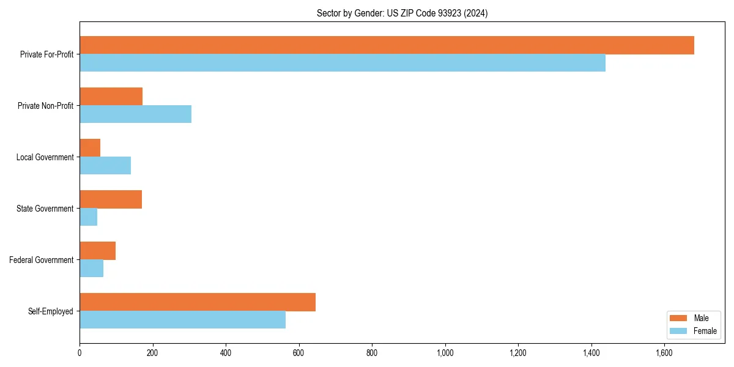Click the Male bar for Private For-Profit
click(x=387, y=45)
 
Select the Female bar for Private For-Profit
click(x=343, y=63)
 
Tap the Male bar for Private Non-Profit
click(x=111, y=97)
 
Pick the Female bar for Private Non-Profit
click(x=135, y=114)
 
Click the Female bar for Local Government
click(x=105, y=166)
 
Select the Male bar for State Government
click(x=111, y=199)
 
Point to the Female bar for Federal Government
click(x=91, y=269)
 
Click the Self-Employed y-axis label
click(x=50, y=311)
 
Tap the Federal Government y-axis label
click(x=41, y=260)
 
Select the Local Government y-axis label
click(x=45, y=157)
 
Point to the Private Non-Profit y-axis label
click(x=45, y=106)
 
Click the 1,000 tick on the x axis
click(x=445, y=353)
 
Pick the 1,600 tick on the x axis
click(x=664, y=353)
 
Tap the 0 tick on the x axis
click(x=80, y=353)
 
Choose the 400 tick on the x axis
click(x=226, y=353)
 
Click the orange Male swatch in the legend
click(x=679, y=318)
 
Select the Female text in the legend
click(x=705, y=331)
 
